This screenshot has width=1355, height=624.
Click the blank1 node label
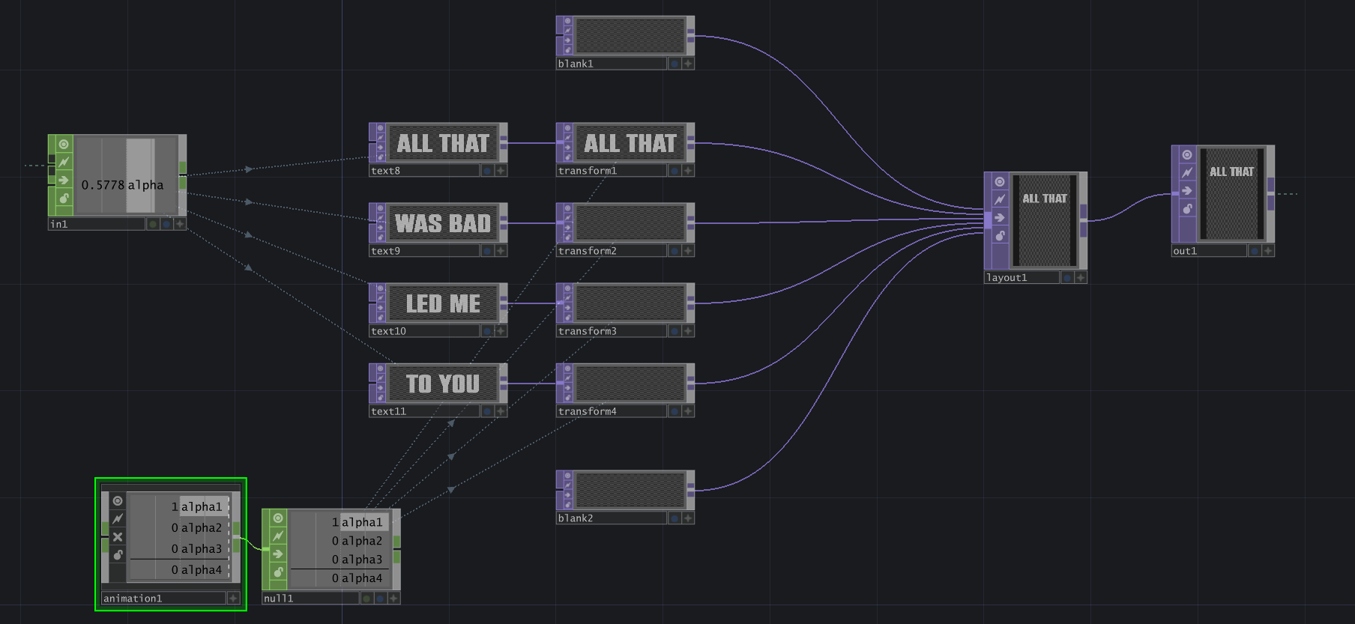pos(576,64)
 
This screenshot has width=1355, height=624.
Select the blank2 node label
pos(576,518)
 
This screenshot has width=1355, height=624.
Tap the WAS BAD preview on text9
pos(443,223)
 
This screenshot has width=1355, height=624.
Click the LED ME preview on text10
pos(443,303)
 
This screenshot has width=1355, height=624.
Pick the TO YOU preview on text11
pos(443,384)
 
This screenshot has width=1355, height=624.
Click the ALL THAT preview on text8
pos(443,143)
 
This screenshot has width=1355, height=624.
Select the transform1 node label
pos(588,171)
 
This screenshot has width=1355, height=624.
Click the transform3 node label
pos(588,331)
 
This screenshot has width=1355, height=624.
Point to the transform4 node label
pos(588,411)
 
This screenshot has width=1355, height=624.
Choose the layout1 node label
pos(1007,278)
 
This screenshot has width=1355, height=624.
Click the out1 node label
pos(1185,251)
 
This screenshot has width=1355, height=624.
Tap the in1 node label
pos(58,224)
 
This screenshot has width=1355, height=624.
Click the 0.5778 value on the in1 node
pos(103,185)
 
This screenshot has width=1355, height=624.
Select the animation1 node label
pos(133,599)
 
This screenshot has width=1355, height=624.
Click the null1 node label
pos(279,599)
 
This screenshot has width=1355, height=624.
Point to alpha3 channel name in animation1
pos(202,549)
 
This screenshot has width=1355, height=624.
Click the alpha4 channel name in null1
pos(362,578)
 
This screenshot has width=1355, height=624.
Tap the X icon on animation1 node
pos(118,537)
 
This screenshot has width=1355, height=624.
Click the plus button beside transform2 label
pos(688,251)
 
